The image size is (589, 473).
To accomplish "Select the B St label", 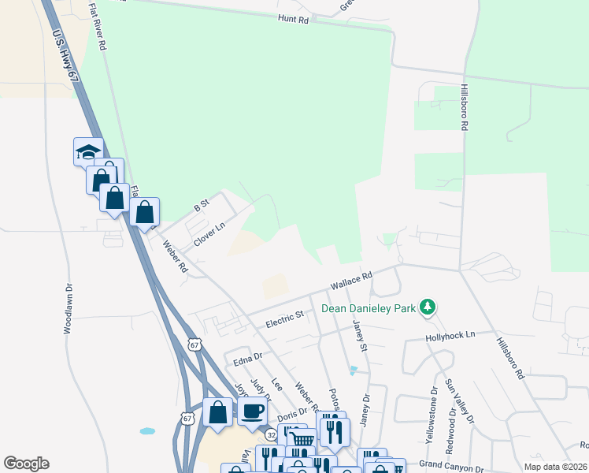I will (x=202, y=205).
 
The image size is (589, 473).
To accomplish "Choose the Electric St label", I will (x=284, y=316).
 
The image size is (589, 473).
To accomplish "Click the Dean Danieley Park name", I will (x=368, y=308).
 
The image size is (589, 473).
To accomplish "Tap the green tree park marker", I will (x=428, y=306).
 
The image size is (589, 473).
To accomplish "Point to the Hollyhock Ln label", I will (x=450, y=335).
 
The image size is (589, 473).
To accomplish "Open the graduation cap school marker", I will (x=88, y=151).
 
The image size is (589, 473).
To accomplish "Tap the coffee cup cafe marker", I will (x=252, y=411).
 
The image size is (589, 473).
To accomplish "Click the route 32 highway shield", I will (x=271, y=434).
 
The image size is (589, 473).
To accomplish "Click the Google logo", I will (x=26, y=464).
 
